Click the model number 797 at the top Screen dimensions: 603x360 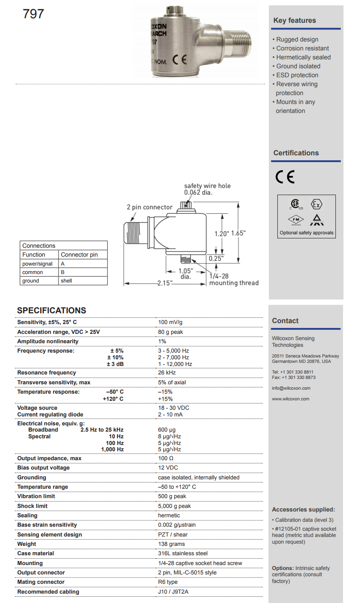pyautogui.click(x=33, y=14)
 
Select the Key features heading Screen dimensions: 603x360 pyautogui.click(x=294, y=21)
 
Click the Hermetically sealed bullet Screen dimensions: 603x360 pyautogui.click(x=303, y=57)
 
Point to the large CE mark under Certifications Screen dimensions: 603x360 pyautogui.click(x=285, y=177)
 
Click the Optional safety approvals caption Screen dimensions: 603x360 pyautogui.click(x=306, y=233)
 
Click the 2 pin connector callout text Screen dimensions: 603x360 pyautogui.click(x=149, y=207)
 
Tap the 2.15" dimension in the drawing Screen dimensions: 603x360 pyautogui.click(x=165, y=283)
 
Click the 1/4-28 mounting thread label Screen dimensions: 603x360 pyautogui.click(x=233, y=279)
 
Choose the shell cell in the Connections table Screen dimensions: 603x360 pyautogui.click(x=66, y=281)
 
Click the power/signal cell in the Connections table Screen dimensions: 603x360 pyautogui.click(x=37, y=264)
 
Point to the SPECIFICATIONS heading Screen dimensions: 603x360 pyautogui.click(x=51, y=311)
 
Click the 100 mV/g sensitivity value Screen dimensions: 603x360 pyautogui.click(x=170, y=322)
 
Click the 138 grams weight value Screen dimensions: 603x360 pyautogui.click(x=171, y=544)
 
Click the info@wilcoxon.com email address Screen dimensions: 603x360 pyautogui.click(x=290, y=388)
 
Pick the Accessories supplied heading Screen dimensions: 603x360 pyautogui.click(x=303, y=510)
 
